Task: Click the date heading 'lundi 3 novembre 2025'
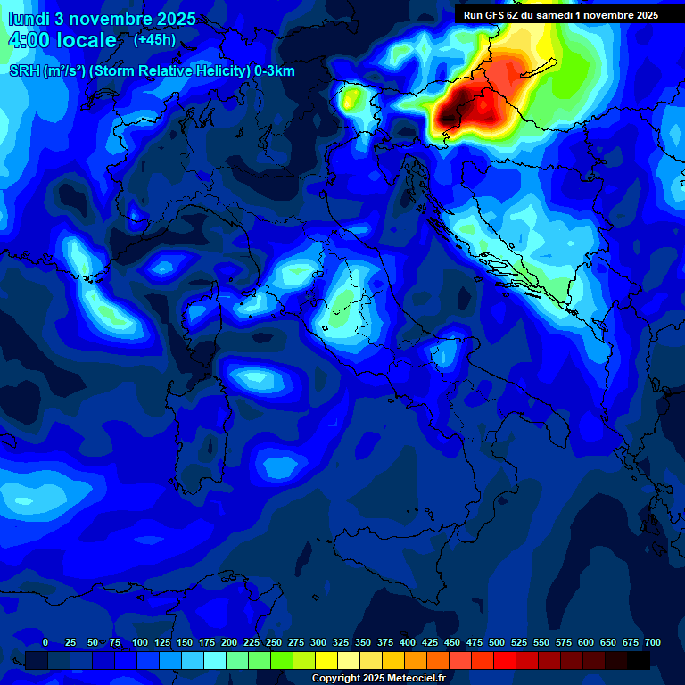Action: [x=103, y=18]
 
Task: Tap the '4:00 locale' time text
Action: [x=62, y=41]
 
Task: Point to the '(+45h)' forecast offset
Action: [x=155, y=40]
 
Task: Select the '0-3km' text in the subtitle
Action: [x=275, y=71]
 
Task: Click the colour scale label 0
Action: [x=45, y=642]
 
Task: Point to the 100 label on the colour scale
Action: [x=140, y=642]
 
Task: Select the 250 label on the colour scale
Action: [x=274, y=642]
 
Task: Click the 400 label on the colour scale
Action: [x=408, y=642]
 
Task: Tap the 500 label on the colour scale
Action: [x=497, y=642]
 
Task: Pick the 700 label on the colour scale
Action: [x=652, y=642]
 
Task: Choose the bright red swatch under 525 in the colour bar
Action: [x=505, y=660]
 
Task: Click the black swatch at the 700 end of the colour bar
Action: [x=639, y=660]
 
